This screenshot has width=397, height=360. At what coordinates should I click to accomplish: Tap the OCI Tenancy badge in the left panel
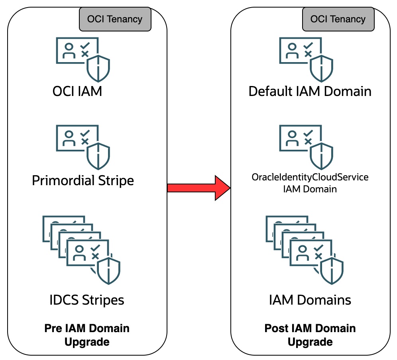click(114, 19)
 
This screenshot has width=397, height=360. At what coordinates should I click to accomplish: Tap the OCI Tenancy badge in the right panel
click(338, 19)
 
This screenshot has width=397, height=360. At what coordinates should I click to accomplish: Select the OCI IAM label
click(77, 91)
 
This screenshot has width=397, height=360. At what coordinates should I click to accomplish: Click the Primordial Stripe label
click(83, 180)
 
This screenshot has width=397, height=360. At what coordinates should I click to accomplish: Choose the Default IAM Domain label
click(310, 91)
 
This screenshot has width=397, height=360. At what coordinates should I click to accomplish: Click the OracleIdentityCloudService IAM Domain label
click(310, 183)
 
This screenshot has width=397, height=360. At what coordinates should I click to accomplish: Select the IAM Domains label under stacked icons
click(310, 299)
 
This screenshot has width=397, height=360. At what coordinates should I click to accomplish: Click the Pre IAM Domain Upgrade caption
click(87, 335)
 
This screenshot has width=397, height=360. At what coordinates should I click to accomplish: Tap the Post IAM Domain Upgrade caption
click(310, 335)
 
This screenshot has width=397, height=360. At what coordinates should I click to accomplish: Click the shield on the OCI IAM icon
click(98, 68)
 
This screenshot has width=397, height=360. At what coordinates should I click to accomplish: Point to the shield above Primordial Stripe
click(98, 157)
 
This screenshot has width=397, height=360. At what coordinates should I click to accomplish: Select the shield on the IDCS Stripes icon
click(109, 270)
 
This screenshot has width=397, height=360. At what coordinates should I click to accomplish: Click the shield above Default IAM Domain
click(322, 68)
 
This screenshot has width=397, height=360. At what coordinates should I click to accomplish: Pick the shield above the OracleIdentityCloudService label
click(322, 157)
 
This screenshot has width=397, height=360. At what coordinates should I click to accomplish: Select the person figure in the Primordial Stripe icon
click(69, 139)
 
